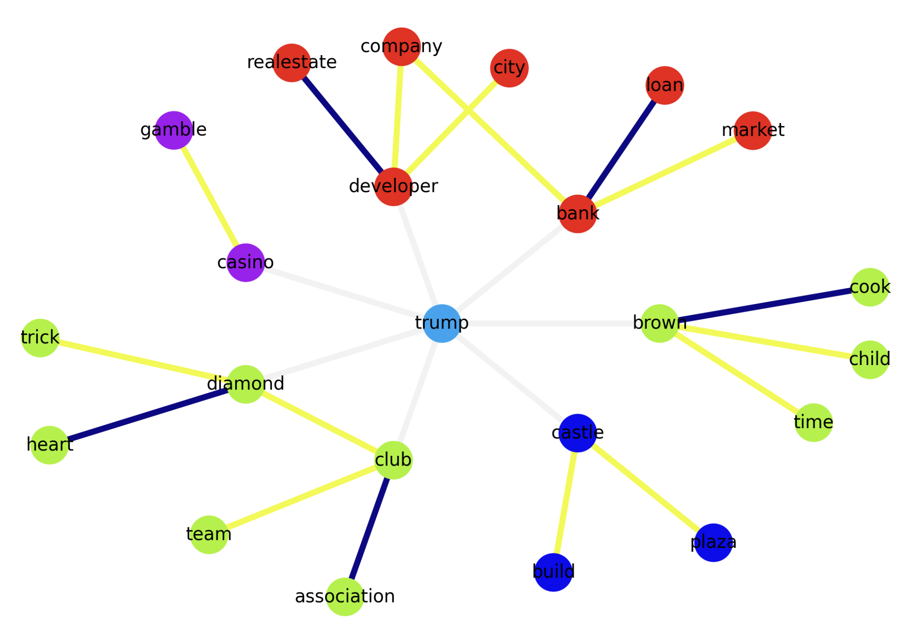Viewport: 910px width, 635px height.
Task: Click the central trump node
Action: (x=441, y=323)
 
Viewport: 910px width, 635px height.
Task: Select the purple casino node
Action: (x=246, y=262)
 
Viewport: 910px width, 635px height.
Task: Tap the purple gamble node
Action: (x=174, y=130)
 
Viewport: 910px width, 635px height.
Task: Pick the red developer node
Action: (x=393, y=186)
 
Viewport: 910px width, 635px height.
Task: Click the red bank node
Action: (x=577, y=213)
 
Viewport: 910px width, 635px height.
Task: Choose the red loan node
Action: (x=664, y=85)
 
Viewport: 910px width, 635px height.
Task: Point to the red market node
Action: (x=753, y=130)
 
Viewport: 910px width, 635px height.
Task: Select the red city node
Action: (x=509, y=68)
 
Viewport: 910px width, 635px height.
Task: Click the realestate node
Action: (x=291, y=63)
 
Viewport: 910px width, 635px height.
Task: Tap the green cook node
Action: (x=870, y=287)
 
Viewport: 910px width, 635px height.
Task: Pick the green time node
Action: (x=813, y=422)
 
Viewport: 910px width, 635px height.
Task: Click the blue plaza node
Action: (x=713, y=543)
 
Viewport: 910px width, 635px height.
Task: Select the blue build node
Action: (x=553, y=572)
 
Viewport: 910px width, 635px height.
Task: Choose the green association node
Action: (x=345, y=596)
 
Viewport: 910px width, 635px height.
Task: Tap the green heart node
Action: (x=49, y=445)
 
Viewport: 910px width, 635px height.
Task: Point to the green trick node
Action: (x=40, y=338)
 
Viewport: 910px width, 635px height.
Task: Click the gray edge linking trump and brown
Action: (x=551, y=323)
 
